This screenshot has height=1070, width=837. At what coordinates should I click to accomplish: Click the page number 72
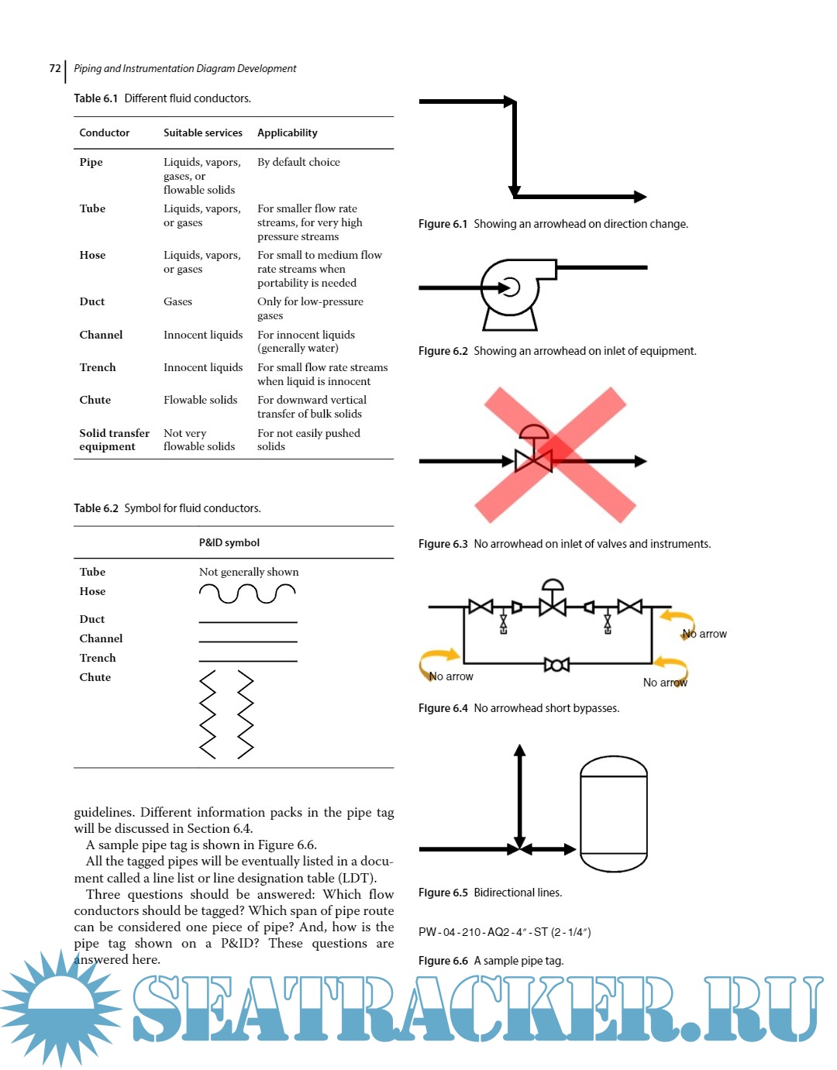click(x=54, y=68)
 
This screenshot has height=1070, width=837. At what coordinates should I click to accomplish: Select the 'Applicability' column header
click(x=287, y=132)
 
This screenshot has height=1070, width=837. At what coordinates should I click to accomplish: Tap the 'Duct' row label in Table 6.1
click(x=91, y=301)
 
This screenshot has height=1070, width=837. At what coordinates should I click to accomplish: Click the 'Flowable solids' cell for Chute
click(x=200, y=400)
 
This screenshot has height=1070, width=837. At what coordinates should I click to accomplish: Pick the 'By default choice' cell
click(x=298, y=162)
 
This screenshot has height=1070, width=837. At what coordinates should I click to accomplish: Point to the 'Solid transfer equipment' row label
click(x=114, y=439)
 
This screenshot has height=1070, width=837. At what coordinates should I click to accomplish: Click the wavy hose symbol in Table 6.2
click(x=247, y=593)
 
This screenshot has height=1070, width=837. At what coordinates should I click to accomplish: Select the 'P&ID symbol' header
click(x=229, y=542)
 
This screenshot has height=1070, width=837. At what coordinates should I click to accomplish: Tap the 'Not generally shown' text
click(x=248, y=572)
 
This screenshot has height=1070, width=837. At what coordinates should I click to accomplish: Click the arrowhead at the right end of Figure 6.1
click(x=639, y=197)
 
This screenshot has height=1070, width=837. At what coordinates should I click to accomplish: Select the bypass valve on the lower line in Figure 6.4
click(x=556, y=664)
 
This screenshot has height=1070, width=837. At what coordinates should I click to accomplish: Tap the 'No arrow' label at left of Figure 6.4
click(x=451, y=676)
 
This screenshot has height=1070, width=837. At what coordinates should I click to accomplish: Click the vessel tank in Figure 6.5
click(x=613, y=814)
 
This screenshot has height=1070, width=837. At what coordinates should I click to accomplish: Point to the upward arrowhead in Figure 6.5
click(x=520, y=751)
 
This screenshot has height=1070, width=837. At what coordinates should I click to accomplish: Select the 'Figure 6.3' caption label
click(x=443, y=544)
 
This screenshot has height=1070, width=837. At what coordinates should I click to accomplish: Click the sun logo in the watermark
click(x=60, y=1007)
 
